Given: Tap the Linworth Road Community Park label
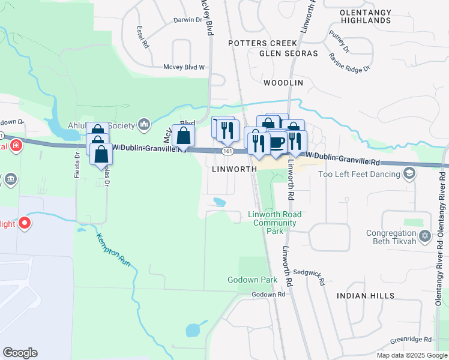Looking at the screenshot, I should tap(275, 222).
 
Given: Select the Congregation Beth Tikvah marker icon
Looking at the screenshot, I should tap(426, 235).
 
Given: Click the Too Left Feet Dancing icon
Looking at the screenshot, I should tap(409, 174).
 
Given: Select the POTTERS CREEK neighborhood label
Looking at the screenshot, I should tap(263, 43).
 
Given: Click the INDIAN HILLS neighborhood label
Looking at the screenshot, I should tap(365, 296).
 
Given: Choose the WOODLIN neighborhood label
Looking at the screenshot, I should tap(283, 82).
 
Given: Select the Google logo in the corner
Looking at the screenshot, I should tap(20, 353).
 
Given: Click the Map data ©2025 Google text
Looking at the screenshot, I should tap(411, 355).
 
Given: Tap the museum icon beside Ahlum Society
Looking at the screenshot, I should tap(143, 125).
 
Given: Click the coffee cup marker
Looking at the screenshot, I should tap(277, 143).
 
